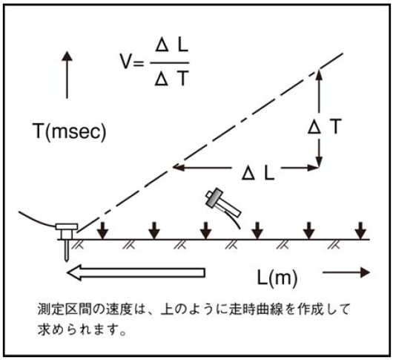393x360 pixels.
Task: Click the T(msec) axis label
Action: point(70,131)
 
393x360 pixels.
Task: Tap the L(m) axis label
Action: point(277,278)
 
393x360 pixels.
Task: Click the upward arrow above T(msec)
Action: point(67,74)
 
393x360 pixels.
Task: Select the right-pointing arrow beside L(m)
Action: point(346,272)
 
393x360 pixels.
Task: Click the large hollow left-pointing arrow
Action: point(136,272)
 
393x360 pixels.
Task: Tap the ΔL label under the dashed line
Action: point(258,173)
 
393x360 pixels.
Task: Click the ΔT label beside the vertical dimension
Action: point(325,126)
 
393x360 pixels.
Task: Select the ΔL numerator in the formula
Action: point(172,46)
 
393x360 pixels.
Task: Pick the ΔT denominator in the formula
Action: point(171,79)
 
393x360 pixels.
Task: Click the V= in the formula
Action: point(132,62)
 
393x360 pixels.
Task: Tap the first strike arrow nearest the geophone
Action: point(102,231)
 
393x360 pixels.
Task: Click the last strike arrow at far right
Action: point(361,231)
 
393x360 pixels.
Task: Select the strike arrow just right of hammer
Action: point(257,231)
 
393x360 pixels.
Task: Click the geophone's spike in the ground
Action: point(67,250)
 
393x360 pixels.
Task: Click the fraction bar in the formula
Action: point(169,62)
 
